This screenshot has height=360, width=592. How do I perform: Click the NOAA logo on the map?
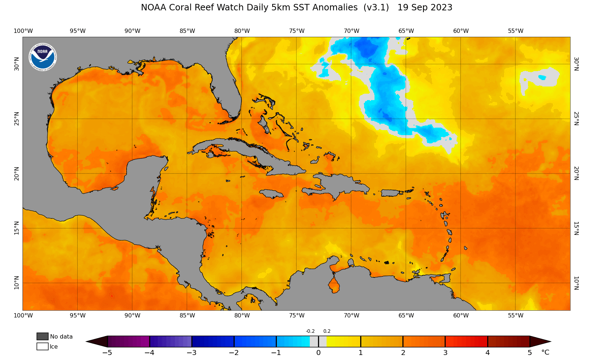(43, 57)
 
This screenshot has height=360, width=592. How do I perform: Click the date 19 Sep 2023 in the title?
(425, 8)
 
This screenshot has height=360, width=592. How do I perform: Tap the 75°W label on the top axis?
(297, 31)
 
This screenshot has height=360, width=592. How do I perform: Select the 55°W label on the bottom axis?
(515, 315)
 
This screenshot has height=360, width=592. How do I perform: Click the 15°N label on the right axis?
(576, 228)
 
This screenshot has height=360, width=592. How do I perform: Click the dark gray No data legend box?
(43, 336)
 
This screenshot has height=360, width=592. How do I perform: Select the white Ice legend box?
(43, 346)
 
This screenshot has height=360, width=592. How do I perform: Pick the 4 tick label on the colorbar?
(487, 353)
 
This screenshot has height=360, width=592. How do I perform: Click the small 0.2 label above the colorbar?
(327, 331)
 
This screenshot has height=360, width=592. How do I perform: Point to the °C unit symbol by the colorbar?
(545, 353)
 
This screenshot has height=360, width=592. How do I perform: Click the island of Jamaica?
(272, 194)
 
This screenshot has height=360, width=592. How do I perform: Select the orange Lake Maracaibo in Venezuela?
(334, 286)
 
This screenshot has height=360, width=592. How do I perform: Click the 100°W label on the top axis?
(23, 31)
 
